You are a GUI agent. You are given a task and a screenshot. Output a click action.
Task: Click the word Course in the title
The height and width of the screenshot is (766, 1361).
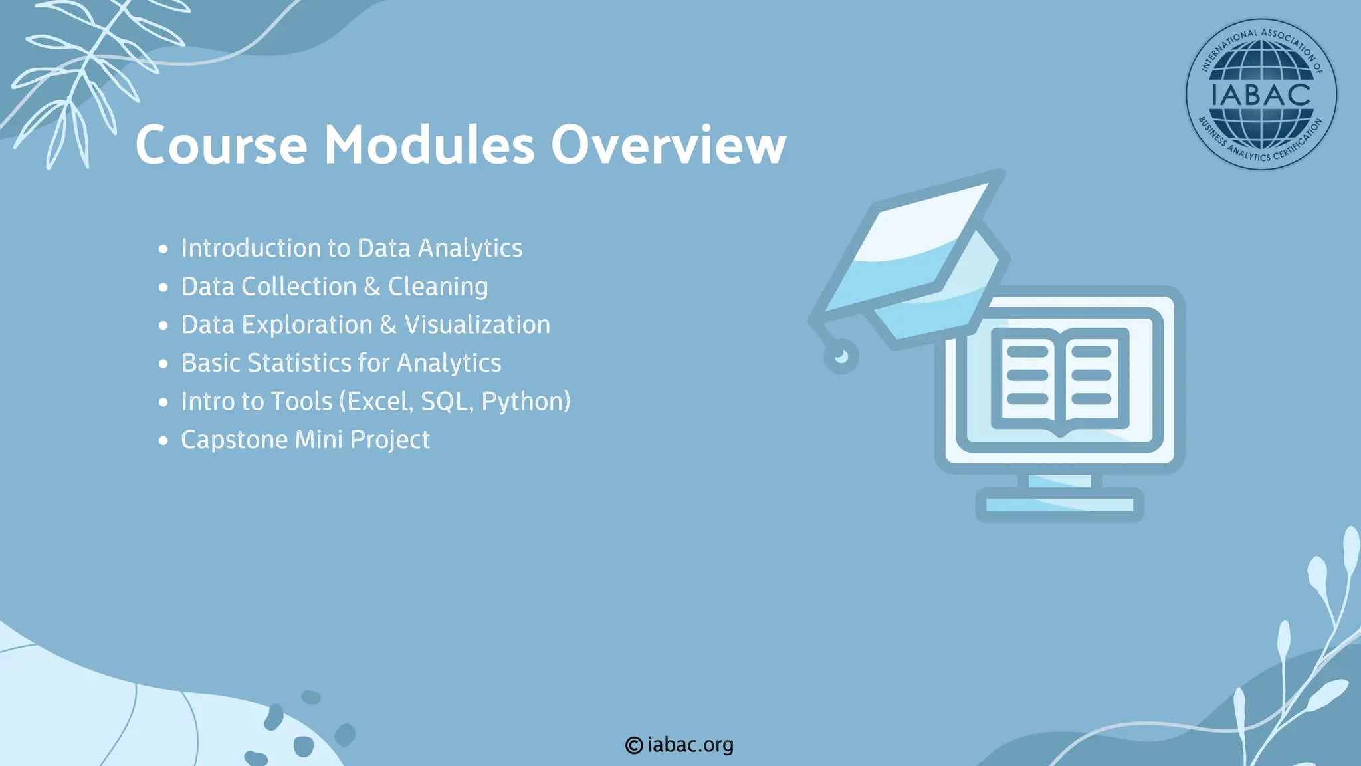click(x=221, y=145)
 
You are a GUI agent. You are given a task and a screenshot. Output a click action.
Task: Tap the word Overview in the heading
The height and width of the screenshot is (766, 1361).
click(x=669, y=145)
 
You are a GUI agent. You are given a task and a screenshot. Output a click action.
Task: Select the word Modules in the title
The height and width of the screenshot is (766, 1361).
click(x=429, y=145)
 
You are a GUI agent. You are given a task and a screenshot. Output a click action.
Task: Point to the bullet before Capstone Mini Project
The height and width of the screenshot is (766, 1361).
click(x=163, y=441)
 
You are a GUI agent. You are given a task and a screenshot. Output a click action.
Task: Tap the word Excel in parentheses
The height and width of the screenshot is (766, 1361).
click(x=380, y=402)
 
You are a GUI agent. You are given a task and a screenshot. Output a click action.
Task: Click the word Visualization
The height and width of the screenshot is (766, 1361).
click(x=477, y=325)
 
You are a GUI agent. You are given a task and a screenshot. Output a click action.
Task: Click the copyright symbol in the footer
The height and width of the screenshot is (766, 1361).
click(x=634, y=745)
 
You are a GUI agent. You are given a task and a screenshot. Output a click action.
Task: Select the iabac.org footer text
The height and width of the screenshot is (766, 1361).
click(x=690, y=745)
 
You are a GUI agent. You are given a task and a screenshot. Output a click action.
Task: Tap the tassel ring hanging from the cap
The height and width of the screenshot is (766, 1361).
click(x=841, y=357)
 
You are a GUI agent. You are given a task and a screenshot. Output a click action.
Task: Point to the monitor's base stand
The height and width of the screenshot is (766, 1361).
click(x=1059, y=505)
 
